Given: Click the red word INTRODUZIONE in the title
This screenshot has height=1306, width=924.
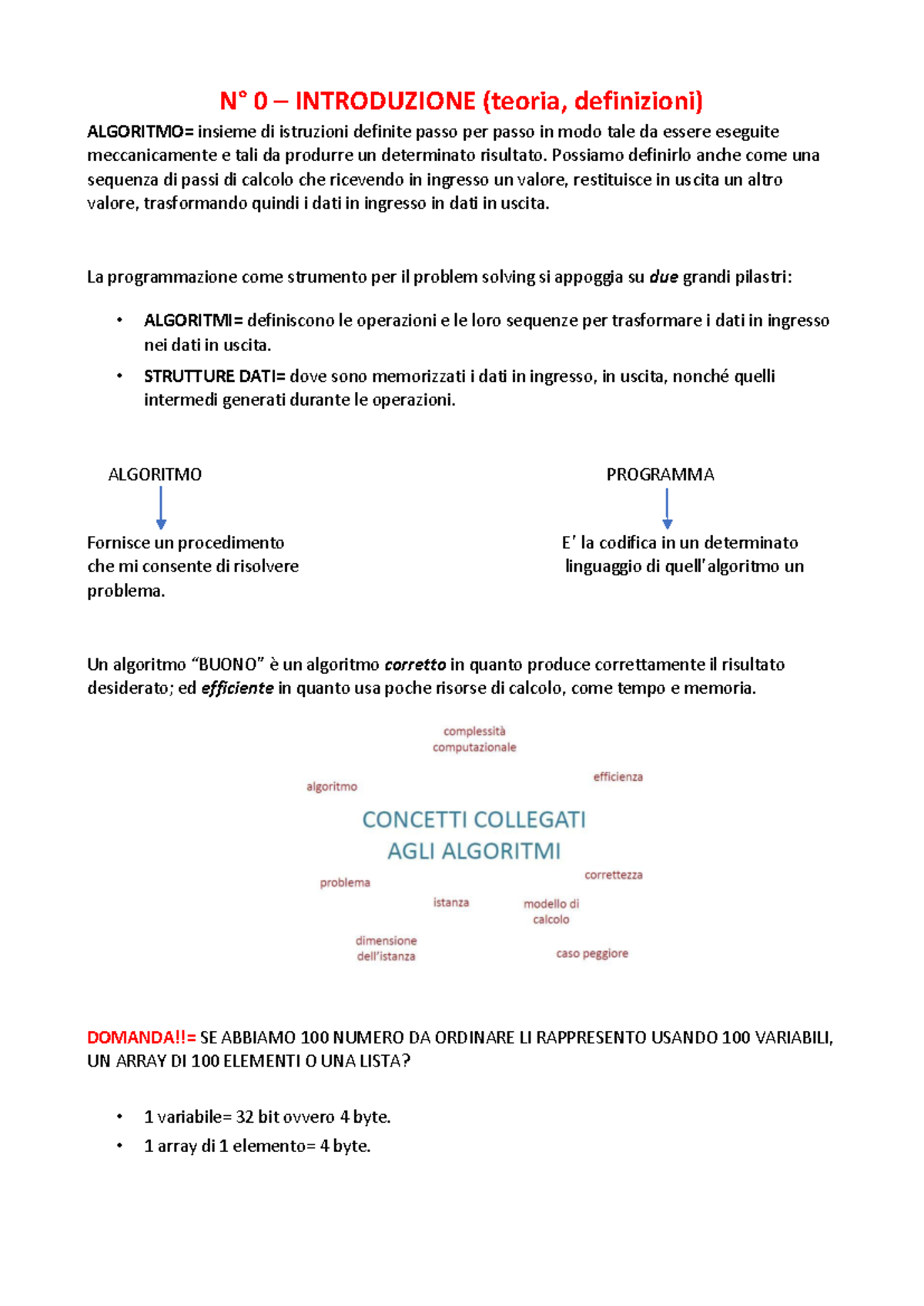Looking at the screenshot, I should (x=385, y=101).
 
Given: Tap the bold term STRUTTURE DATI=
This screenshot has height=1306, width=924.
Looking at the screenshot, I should (x=214, y=377).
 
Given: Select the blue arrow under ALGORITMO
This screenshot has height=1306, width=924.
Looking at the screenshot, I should (x=161, y=507).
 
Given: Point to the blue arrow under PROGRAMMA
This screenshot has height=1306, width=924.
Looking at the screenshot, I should (x=667, y=507).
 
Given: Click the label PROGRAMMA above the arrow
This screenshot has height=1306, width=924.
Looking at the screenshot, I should (x=660, y=474).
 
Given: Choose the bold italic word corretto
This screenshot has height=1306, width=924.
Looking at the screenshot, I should (x=415, y=665).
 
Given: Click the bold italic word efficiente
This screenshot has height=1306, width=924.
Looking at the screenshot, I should (x=237, y=688).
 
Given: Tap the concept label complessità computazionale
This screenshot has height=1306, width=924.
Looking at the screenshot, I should (x=474, y=739).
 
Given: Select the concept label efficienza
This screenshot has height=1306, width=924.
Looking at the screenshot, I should (x=618, y=777).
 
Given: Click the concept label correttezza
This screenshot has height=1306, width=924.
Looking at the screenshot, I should (x=613, y=875).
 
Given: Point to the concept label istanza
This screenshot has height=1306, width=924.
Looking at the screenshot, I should (x=451, y=902).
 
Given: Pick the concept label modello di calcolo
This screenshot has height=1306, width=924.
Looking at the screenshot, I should (x=551, y=912).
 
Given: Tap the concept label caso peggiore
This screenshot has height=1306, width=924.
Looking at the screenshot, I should (x=592, y=953).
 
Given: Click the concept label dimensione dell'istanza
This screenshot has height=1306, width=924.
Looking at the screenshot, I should (x=386, y=949).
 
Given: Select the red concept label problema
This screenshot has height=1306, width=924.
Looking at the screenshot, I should (x=345, y=882).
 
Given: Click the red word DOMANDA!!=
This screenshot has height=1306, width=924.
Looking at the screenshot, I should (x=142, y=1038).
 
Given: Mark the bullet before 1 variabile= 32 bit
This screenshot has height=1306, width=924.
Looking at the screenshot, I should (x=119, y=1117).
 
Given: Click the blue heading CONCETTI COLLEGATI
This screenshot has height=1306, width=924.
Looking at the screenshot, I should (x=474, y=820).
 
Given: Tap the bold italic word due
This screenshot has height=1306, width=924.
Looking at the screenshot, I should (x=664, y=278).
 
